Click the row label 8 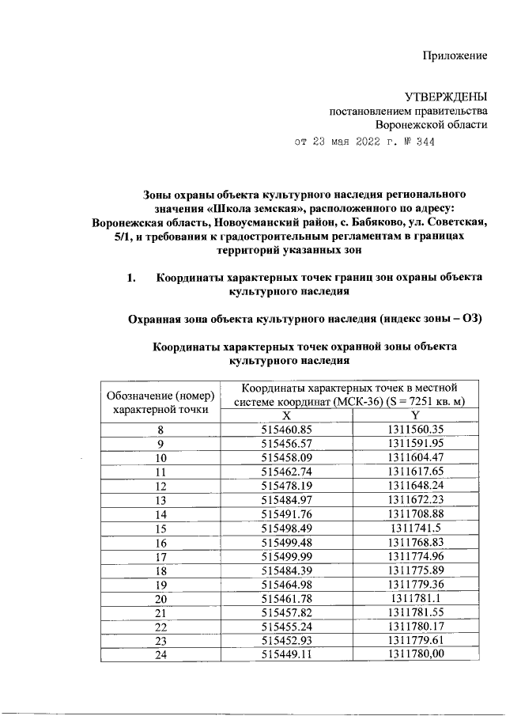(160, 430)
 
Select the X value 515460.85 (286, 430)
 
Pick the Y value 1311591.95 (416, 444)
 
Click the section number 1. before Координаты (132, 278)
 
